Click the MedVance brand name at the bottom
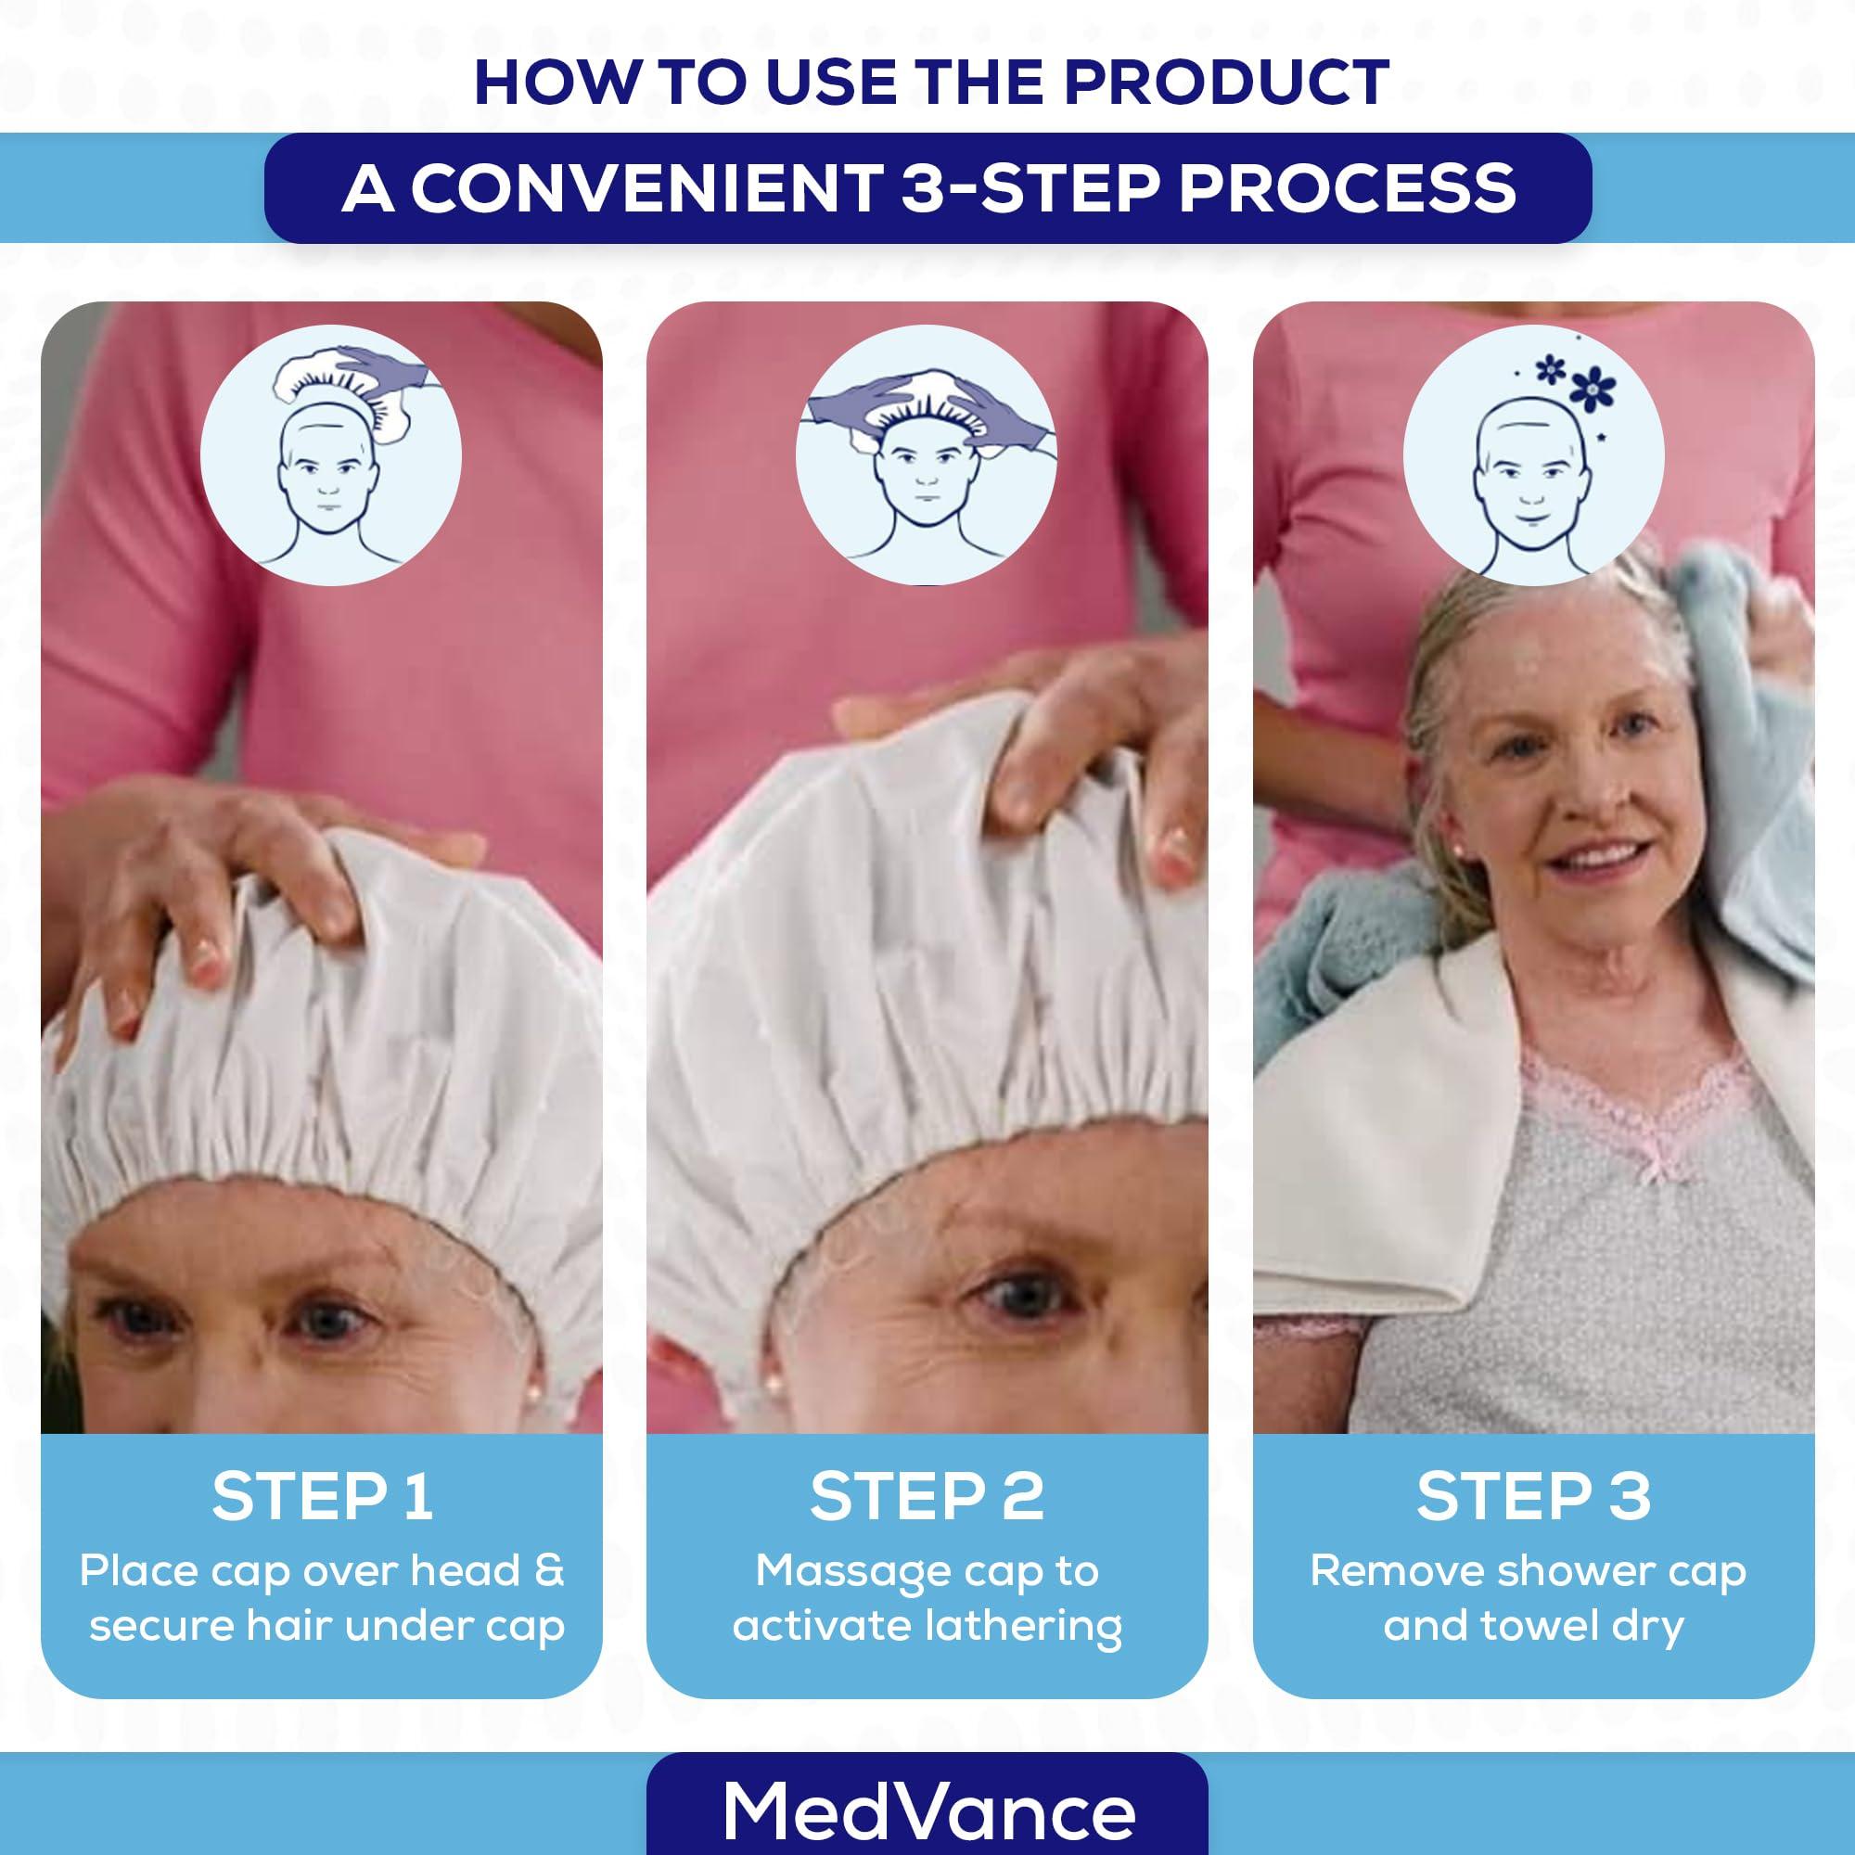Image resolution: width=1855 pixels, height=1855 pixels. tap(928, 1810)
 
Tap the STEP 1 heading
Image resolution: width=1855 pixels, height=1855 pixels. tap(322, 1496)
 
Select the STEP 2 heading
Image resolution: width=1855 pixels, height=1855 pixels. tap(927, 1496)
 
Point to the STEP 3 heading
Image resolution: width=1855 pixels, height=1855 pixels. tap(1533, 1496)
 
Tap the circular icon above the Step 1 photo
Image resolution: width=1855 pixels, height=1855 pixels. tap(331, 455)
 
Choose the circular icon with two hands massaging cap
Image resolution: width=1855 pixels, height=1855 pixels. tap(927, 455)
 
